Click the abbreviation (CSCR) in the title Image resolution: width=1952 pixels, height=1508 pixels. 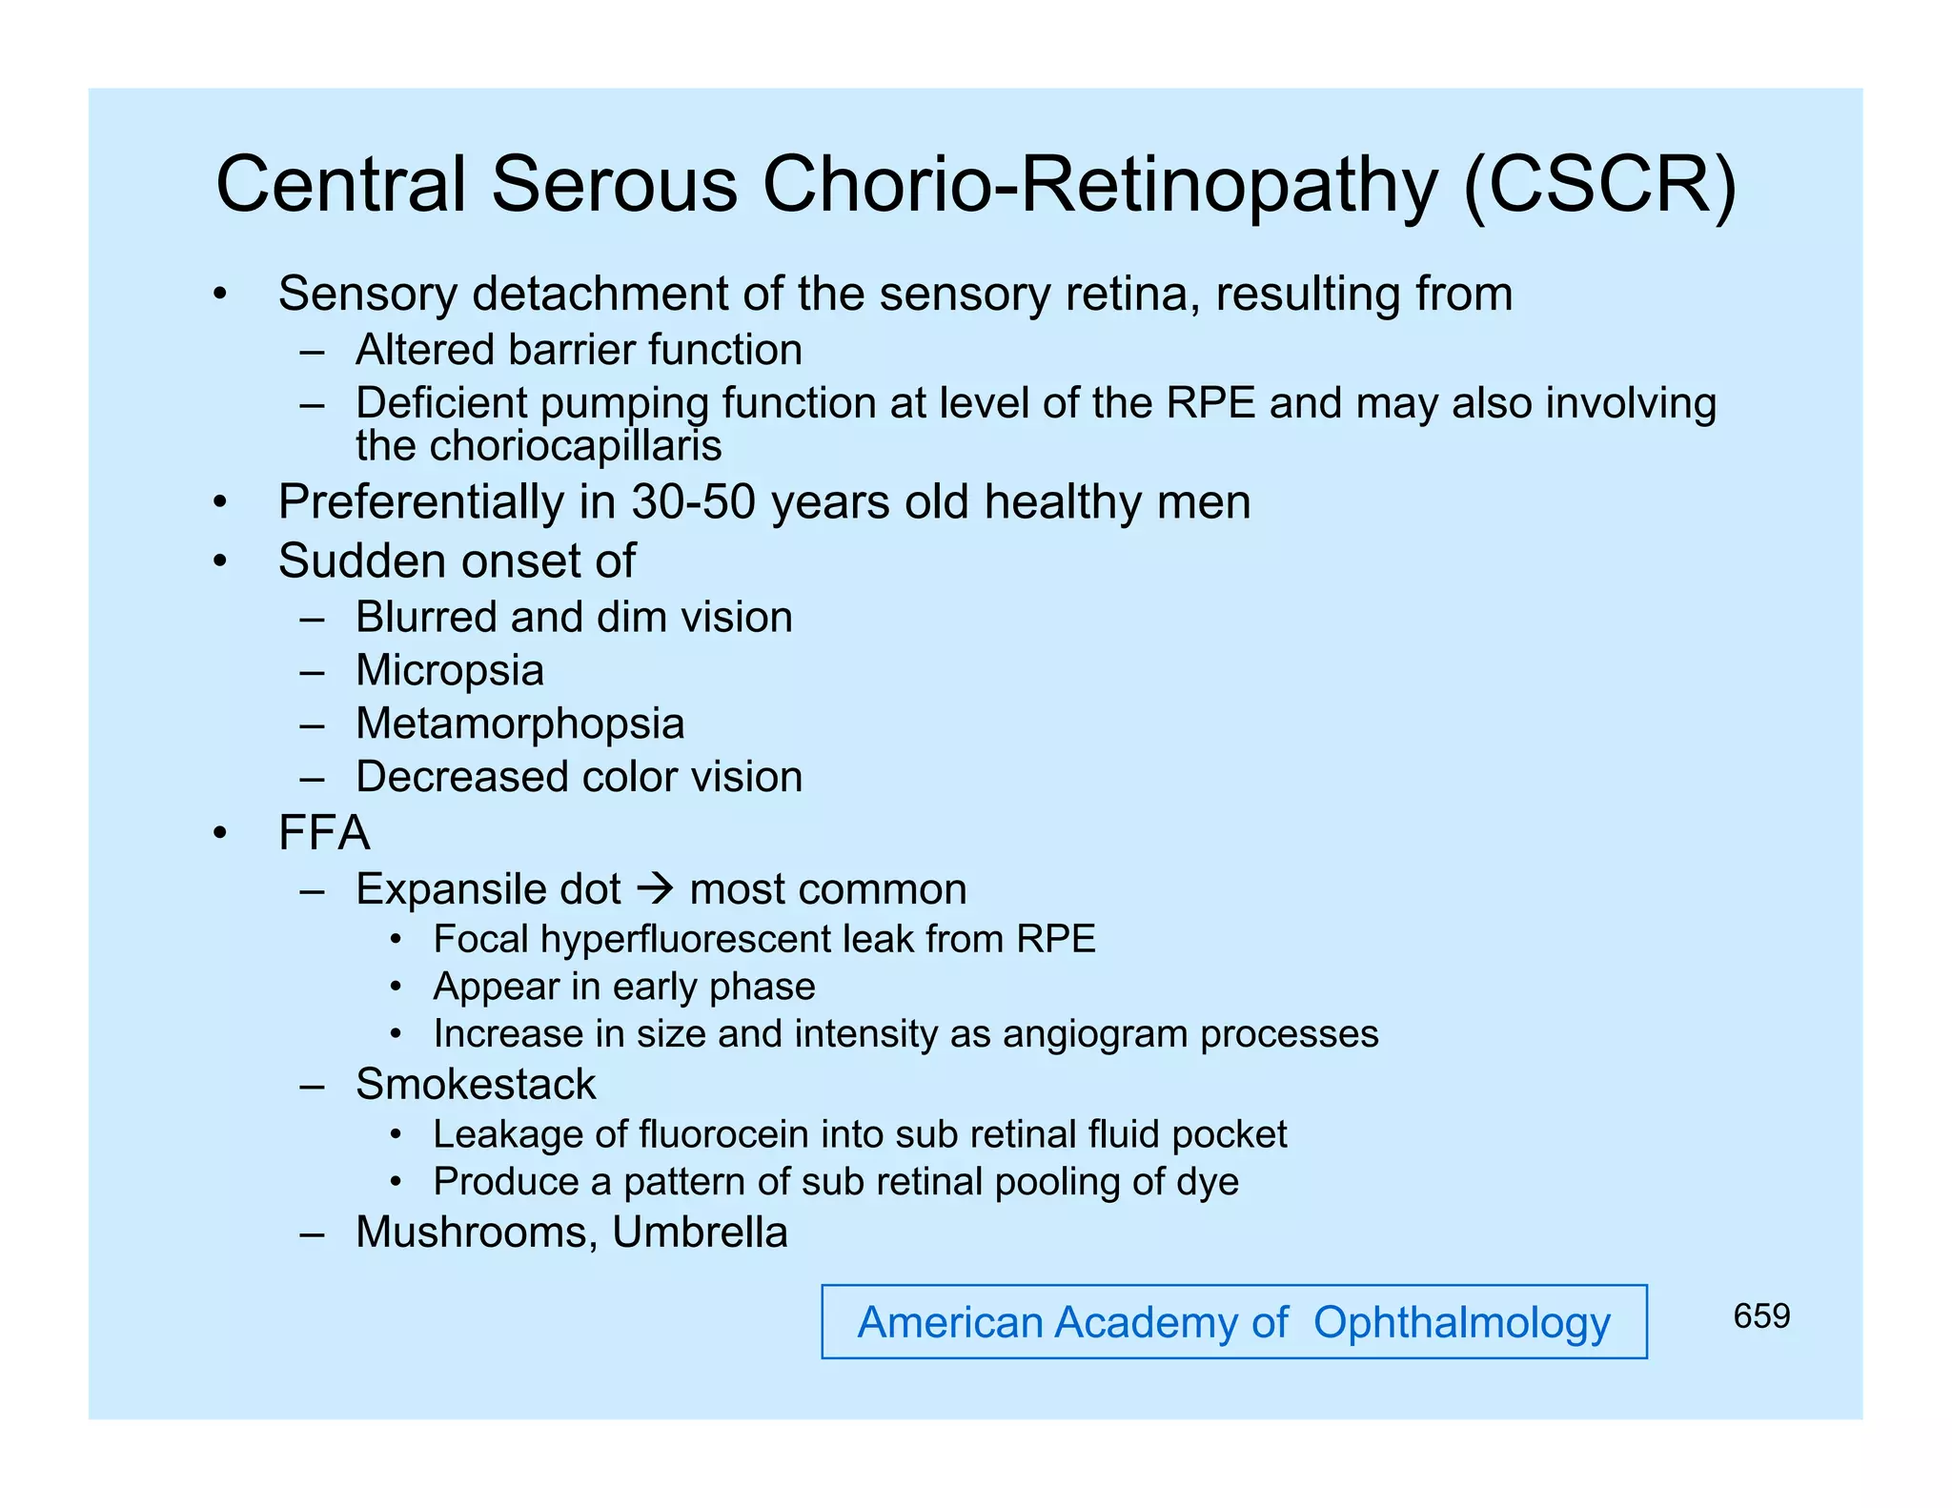1600,186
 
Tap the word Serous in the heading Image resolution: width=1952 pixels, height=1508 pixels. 614,184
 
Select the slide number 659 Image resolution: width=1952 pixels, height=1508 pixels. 1761,1316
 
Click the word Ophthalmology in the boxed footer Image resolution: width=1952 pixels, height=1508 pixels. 1461,1323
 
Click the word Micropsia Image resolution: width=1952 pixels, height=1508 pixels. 450,670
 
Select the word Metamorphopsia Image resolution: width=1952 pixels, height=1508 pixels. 519,724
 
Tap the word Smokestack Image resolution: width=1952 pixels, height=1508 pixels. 476,1085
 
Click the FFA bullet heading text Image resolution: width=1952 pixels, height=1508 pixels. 324,833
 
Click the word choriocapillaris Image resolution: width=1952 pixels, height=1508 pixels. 539,446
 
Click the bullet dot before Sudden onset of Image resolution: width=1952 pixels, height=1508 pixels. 220,562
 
